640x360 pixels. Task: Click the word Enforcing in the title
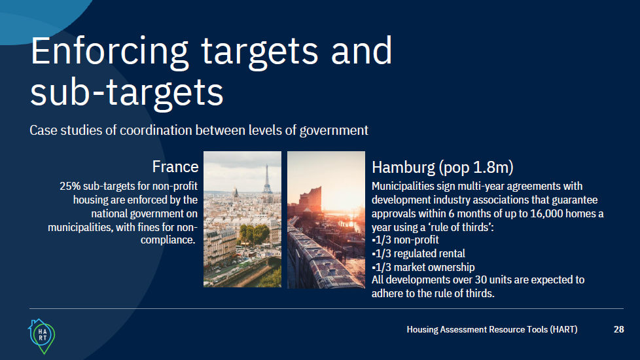(x=110, y=52)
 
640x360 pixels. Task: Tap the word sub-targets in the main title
(x=127, y=92)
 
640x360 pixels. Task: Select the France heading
(x=175, y=166)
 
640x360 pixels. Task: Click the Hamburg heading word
(x=403, y=168)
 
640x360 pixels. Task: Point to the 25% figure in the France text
(x=70, y=186)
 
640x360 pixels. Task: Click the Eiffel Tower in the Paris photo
(x=267, y=179)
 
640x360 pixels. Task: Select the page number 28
(x=619, y=329)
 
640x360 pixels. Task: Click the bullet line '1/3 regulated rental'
(x=418, y=253)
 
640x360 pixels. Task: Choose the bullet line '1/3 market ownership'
(x=423, y=267)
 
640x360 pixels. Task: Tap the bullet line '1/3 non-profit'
(x=405, y=240)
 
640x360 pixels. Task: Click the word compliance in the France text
(x=168, y=240)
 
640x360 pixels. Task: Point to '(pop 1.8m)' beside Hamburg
(x=476, y=168)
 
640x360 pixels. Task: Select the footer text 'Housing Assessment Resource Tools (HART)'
(x=492, y=329)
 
